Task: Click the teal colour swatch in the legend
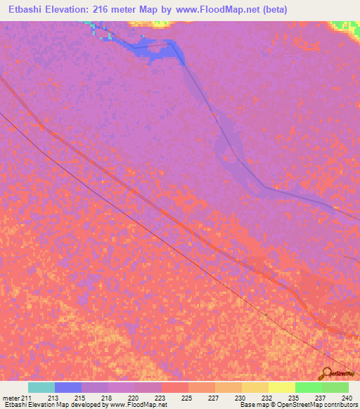(41, 387)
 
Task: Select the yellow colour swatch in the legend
(281, 387)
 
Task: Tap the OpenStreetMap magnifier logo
(327, 374)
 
